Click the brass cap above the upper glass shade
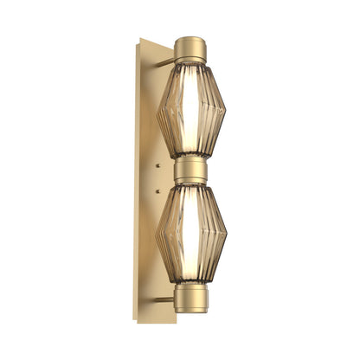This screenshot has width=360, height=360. (x=190, y=49)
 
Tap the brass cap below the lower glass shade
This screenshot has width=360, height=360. (x=190, y=298)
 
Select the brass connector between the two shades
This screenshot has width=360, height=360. (x=190, y=170)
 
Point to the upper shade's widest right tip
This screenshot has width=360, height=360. (x=226, y=110)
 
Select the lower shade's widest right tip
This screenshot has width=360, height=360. (x=226, y=235)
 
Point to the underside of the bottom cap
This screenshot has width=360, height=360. (x=190, y=311)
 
